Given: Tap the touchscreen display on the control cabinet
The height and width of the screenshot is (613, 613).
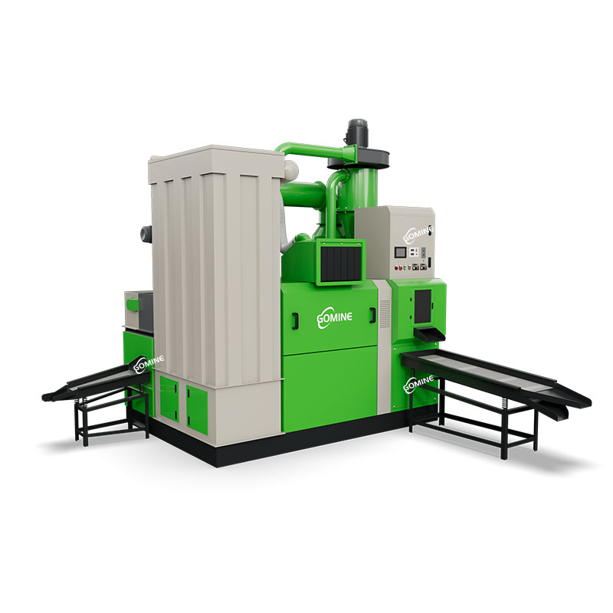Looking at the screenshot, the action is click(400, 251).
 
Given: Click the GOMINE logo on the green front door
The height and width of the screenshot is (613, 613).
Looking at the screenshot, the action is click(334, 318).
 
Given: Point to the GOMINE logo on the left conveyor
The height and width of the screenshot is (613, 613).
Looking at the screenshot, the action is click(149, 363).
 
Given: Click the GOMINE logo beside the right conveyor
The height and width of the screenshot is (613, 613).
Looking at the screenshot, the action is click(418, 384).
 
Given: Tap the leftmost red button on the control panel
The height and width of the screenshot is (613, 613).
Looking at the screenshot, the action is click(396, 268).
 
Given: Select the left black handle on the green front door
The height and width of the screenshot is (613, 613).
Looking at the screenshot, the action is click(296, 320).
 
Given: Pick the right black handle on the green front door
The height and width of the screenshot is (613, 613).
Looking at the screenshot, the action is click(372, 315).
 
